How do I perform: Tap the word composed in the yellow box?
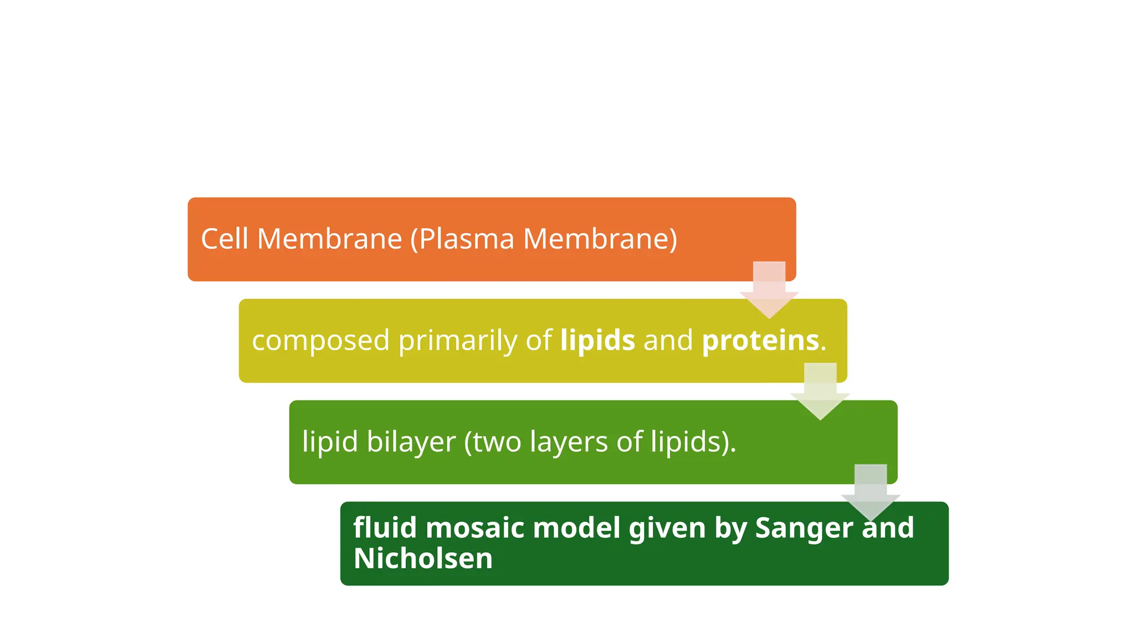pos(320,341)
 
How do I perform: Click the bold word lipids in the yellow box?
pos(597,340)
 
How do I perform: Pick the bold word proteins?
pos(760,340)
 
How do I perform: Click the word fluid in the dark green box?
pos(385,527)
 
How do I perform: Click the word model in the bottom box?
pos(576,527)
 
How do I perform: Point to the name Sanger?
pos(803,528)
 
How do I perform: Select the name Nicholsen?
pos(423,558)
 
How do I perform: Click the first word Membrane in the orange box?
pos(329,239)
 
